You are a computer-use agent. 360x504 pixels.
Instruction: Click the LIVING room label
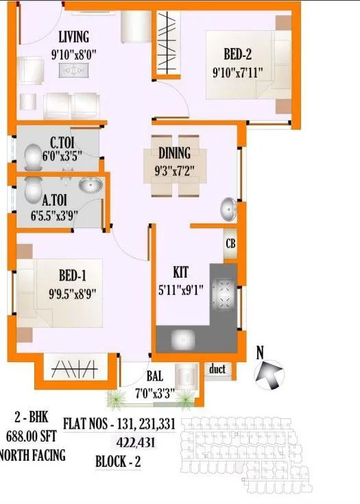tap(73, 36)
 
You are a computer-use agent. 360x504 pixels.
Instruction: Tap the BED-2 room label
tap(241, 54)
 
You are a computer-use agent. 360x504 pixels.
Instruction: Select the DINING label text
tap(174, 154)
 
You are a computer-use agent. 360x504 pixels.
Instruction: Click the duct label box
tap(219, 370)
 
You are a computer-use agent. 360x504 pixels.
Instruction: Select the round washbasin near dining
tap(230, 207)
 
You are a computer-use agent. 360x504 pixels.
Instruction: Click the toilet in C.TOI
tap(32, 158)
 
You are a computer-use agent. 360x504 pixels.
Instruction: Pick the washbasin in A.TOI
tap(89, 186)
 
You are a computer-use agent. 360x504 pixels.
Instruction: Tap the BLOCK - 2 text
tap(118, 461)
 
